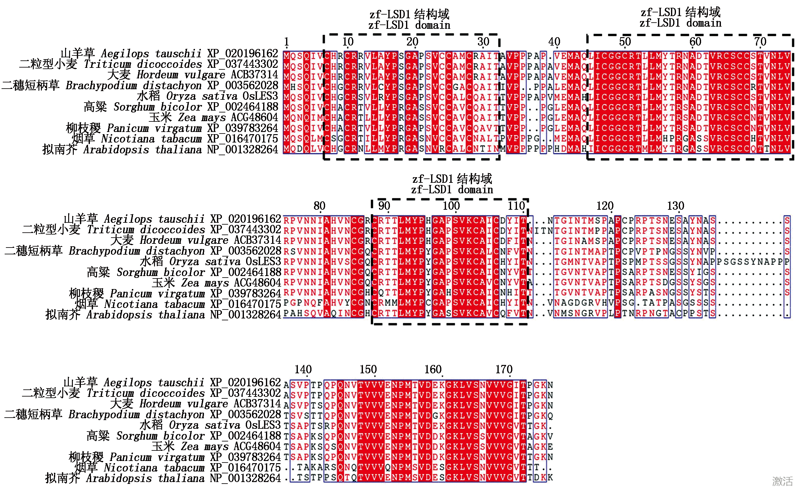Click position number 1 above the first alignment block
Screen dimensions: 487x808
[x=286, y=42]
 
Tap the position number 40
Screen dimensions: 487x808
[x=554, y=42]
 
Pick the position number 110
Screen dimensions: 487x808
[x=516, y=206]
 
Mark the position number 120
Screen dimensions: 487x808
[x=605, y=206]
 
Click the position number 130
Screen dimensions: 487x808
[x=676, y=206]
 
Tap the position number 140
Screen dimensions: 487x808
[x=303, y=369]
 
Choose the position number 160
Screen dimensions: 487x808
[x=433, y=369]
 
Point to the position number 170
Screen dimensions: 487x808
[x=504, y=369]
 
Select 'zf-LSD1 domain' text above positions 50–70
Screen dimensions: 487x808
[x=680, y=23]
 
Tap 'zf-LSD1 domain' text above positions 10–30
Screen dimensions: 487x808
[x=409, y=25]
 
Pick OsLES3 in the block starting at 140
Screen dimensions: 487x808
[x=263, y=425]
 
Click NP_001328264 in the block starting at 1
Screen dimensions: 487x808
[x=242, y=150]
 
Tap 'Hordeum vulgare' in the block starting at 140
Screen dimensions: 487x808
[x=183, y=404]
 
